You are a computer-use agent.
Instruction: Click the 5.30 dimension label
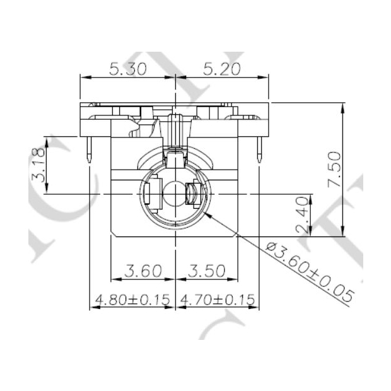pyautogui.click(x=128, y=69)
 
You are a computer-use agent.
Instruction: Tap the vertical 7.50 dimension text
pyautogui.click(x=333, y=169)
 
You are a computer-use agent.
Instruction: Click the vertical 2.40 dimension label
pyautogui.click(x=302, y=214)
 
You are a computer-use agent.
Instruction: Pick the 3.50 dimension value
pyautogui.click(x=206, y=271)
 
